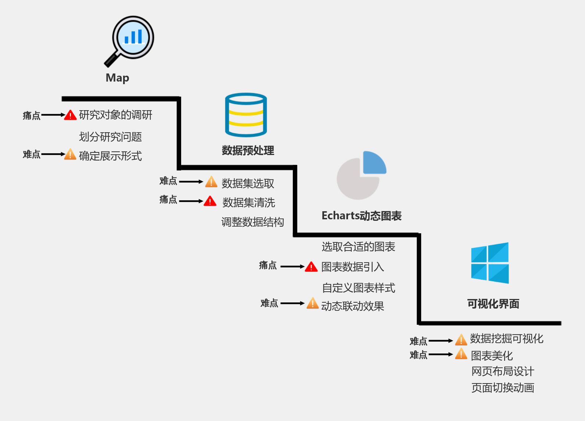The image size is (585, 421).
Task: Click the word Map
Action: (117, 78)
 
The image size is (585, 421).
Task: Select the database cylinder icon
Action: (246, 115)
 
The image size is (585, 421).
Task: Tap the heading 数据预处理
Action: (248, 150)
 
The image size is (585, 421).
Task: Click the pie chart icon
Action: (361, 176)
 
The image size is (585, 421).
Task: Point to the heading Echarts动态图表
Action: (362, 216)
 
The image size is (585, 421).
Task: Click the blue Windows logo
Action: (490, 263)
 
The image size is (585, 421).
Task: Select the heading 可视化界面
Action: (493, 304)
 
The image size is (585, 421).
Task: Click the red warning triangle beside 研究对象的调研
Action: (70, 115)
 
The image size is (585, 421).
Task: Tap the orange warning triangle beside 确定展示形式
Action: (70, 155)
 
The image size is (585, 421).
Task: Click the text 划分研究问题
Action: (110, 137)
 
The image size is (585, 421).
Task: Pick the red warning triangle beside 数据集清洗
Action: (210, 201)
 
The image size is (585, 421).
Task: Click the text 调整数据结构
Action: (252, 222)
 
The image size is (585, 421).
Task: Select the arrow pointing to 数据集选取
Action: (191, 181)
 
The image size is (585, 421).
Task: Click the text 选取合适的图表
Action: (358, 247)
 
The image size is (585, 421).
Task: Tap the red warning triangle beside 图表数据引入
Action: (311, 267)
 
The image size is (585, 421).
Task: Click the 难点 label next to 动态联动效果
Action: (269, 303)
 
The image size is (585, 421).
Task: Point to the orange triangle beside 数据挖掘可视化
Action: (461, 340)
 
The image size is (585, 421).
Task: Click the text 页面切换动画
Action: (503, 388)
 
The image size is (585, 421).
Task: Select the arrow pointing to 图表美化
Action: (441, 355)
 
